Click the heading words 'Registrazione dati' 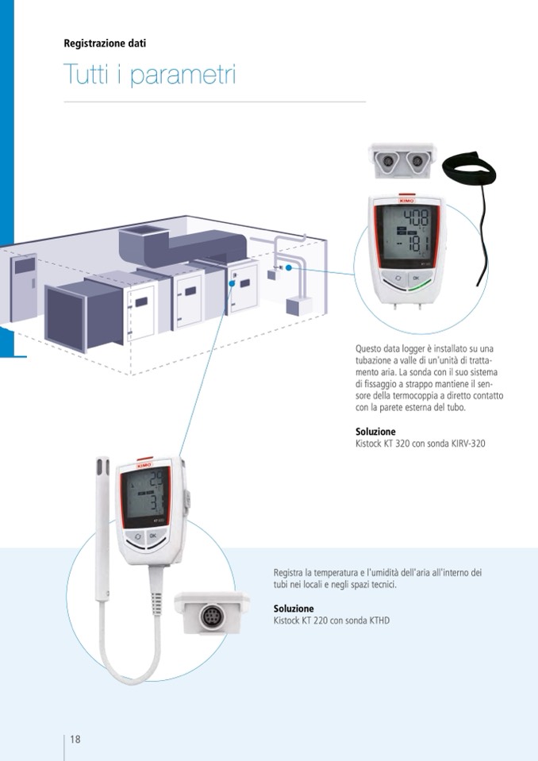(x=105, y=44)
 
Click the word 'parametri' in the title (x=183, y=76)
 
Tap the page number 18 (x=75, y=740)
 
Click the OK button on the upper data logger (x=416, y=279)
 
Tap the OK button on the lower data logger (x=152, y=536)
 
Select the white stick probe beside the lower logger (x=102, y=516)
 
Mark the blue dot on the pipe (x=289, y=267)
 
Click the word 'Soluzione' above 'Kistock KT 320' (x=375, y=432)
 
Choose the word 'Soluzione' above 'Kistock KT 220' (x=294, y=609)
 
